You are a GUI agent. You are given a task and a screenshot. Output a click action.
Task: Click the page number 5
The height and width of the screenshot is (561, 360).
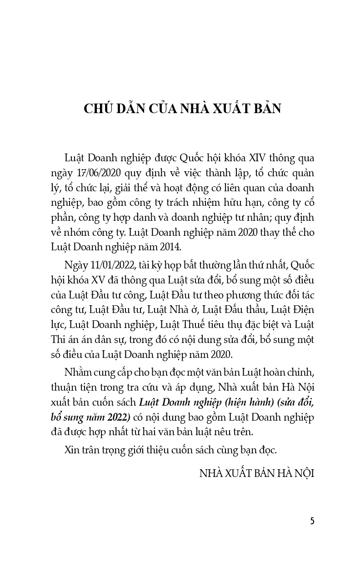point(312,520)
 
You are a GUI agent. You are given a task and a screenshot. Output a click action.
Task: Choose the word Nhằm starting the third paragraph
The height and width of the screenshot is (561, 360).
point(79,373)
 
